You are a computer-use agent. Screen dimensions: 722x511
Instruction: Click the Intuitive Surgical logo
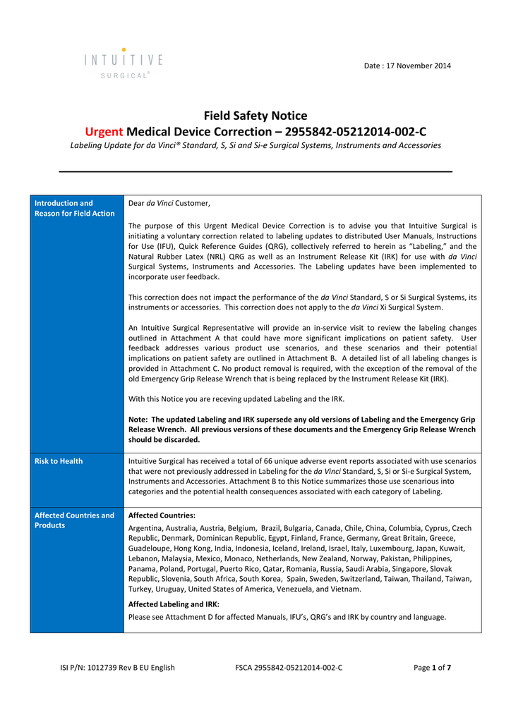124,63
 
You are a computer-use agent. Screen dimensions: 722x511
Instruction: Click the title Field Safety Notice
255,116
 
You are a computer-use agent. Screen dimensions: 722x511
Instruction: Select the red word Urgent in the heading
104,131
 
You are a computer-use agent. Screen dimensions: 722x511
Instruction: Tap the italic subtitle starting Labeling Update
255,145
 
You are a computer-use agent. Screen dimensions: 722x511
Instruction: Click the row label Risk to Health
59,461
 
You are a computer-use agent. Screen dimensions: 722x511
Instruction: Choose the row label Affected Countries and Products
75,520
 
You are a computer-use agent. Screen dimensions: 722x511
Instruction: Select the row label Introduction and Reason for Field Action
75,208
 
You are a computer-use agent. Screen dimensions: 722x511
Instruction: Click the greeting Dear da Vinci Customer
169,203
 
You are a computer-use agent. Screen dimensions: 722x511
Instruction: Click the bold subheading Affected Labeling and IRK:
174,604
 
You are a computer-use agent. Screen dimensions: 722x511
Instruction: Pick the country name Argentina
146,528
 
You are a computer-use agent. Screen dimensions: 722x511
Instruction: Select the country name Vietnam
347,589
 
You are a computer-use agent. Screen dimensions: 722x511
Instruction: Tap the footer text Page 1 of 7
432,668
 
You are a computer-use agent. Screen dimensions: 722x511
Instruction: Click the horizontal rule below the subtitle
255,171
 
